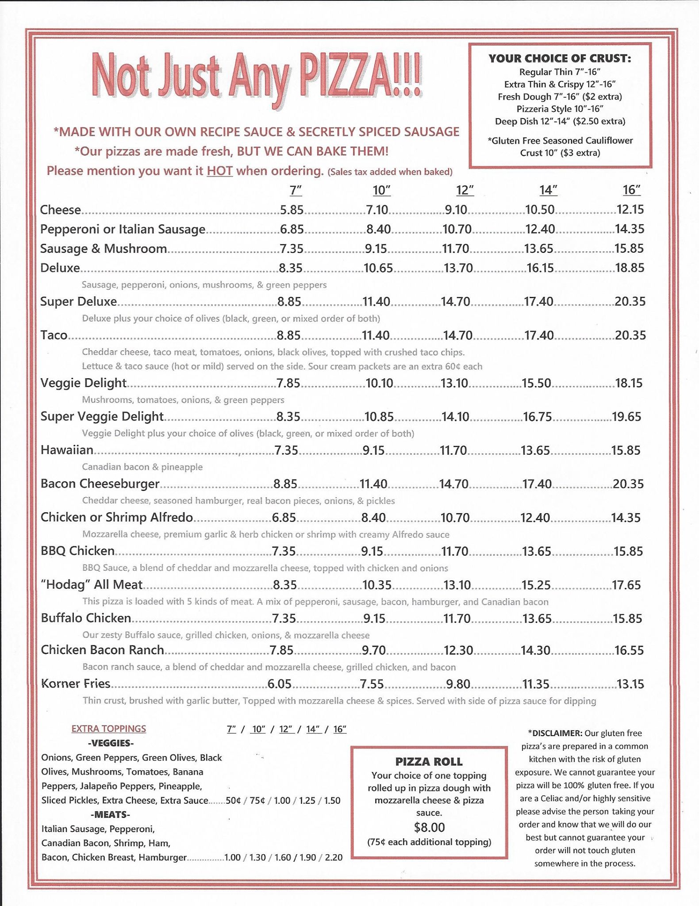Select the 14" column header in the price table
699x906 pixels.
pos(548,190)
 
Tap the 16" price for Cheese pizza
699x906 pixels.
pos(630,210)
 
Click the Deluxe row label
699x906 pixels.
pos(60,268)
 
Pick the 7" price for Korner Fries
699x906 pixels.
pos(280,684)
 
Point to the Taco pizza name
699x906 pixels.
pos(54,335)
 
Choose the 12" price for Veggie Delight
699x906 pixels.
pos(454,383)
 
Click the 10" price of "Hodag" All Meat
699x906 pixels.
pos(377,585)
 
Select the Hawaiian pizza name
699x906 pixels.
pos(67,450)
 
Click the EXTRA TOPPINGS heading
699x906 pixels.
pos(109,729)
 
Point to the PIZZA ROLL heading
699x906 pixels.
pos(429,762)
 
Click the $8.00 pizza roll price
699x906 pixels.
pos(429,827)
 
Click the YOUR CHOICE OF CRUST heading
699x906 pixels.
pos(560,58)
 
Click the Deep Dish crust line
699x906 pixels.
pos(560,121)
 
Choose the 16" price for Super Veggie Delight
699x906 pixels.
pos(626,417)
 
